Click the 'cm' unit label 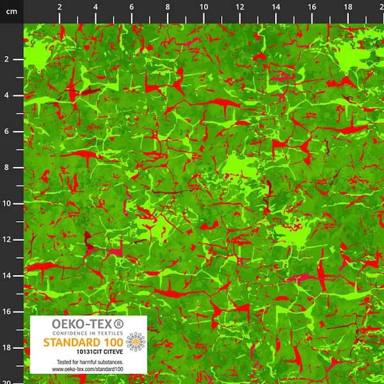tap(12, 12)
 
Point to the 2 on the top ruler tap(60, 7)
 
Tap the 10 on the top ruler tap(204, 7)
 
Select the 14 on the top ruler tap(276, 7)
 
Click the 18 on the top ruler tap(348, 7)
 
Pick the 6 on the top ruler tap(132, 7)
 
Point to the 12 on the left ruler tap(7, 240)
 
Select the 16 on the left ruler tap(7, 312)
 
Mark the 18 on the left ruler tap(7, 348)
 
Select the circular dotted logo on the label tap(136, 341)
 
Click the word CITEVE tap(108, 351)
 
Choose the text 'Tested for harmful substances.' tap(90, 362)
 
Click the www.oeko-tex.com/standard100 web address tap(90, 369)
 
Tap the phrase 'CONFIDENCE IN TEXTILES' tap(88, 333)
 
